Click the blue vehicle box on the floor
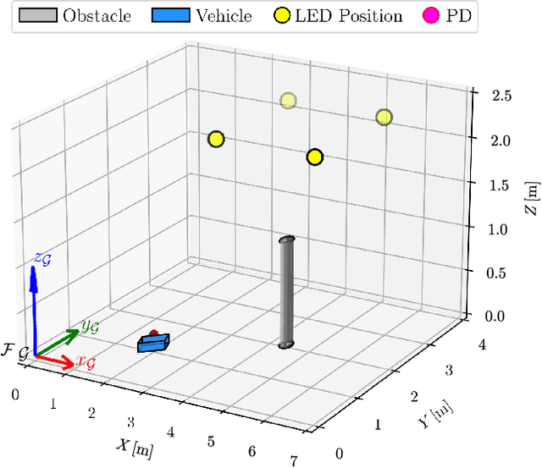click(154, 343)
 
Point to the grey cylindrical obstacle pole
click(288, 293)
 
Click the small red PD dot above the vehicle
click(153, 333)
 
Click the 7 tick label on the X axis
click(294, 460)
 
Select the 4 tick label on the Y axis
click(480, 345)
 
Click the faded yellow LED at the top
click(289, 102)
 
